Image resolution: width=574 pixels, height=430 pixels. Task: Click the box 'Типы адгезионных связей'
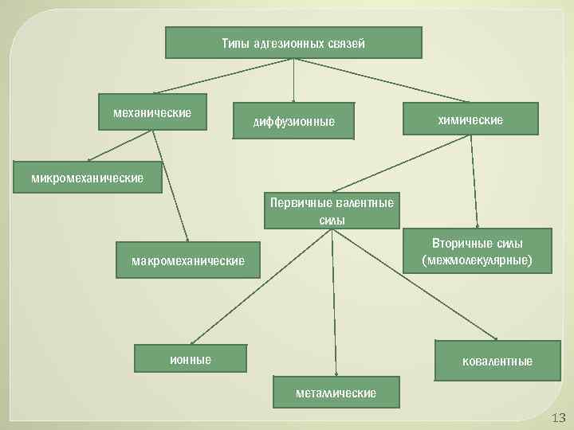(x=293, y=43)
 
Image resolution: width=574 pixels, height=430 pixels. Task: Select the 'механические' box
(x=151, y=112)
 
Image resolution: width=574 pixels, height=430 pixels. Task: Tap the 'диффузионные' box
(x=293, y=121)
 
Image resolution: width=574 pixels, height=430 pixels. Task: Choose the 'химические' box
(x=470, y=119)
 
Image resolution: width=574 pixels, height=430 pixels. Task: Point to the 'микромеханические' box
(x=87, y=177)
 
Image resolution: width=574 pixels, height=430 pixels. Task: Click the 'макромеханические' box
(x=187, y=260)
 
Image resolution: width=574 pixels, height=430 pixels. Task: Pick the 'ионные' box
(x=191, y=359)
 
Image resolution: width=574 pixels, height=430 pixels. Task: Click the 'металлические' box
(x=336, y=393)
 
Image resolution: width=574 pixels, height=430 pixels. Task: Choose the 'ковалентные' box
(x=497, y=362)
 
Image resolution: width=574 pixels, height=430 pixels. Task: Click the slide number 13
(x=557, y=418)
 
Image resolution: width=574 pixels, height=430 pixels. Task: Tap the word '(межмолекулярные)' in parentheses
(x=477, y=260)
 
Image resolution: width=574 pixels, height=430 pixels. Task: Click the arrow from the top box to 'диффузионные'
(x=294, y=80)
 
